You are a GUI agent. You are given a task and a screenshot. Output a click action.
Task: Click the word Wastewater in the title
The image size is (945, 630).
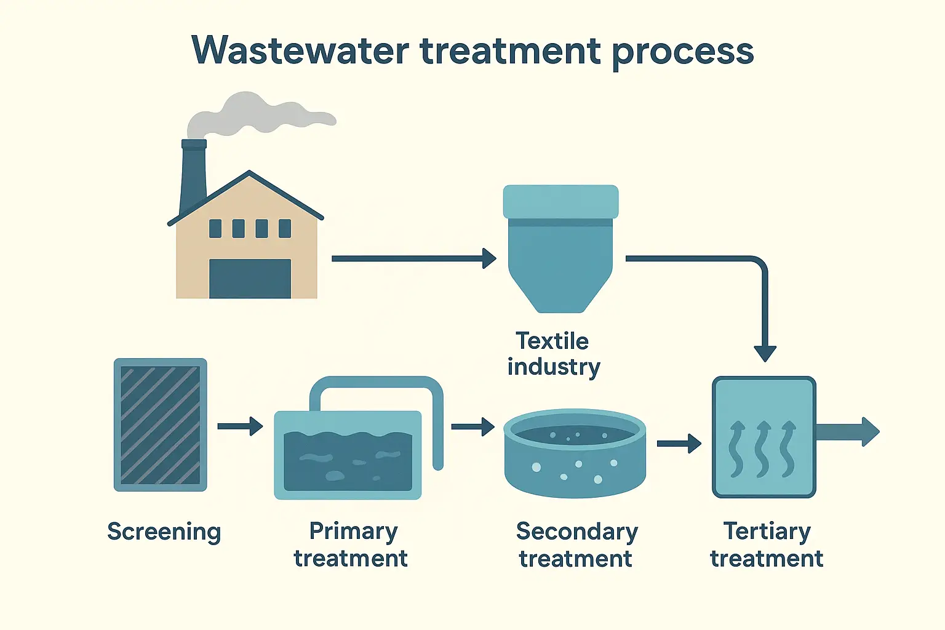(300, 50)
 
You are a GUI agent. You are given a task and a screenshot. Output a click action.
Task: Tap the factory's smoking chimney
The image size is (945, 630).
(193, 175)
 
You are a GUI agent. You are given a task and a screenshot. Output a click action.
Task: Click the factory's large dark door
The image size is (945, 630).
(250, 279)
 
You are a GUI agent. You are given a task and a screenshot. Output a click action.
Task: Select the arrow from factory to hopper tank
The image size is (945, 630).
(412, 258)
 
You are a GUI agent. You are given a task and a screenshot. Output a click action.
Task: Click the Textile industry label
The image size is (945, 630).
(553, 354)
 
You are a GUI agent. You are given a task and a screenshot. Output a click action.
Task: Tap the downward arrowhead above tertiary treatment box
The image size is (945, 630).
(765, 353)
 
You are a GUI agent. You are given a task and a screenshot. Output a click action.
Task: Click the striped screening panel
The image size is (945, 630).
(160, 425)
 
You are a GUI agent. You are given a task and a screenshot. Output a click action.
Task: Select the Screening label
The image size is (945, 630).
(164, 532)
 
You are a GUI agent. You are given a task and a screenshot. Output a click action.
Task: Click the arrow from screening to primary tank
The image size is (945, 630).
(240, 426)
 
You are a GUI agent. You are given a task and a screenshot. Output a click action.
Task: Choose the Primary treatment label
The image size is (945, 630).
(351, 544)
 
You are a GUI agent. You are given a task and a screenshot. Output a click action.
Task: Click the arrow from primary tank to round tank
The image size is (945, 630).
(472, 426)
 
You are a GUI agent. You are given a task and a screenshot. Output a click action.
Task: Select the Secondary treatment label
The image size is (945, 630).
(576, 544)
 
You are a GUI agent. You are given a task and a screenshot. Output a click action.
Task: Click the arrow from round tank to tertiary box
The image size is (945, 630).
(679, 443)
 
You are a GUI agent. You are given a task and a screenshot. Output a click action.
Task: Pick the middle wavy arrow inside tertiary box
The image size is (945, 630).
(762, 449)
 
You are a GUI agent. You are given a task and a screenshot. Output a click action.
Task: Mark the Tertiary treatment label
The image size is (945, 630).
(767, 544)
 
